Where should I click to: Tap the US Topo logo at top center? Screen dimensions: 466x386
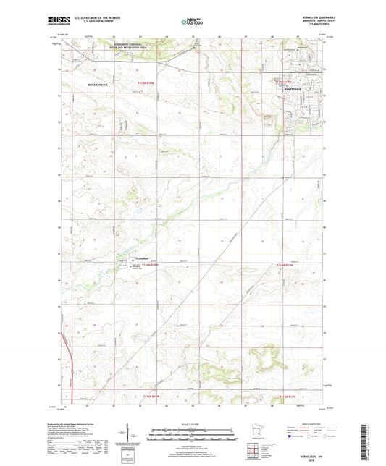(193, 22)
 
